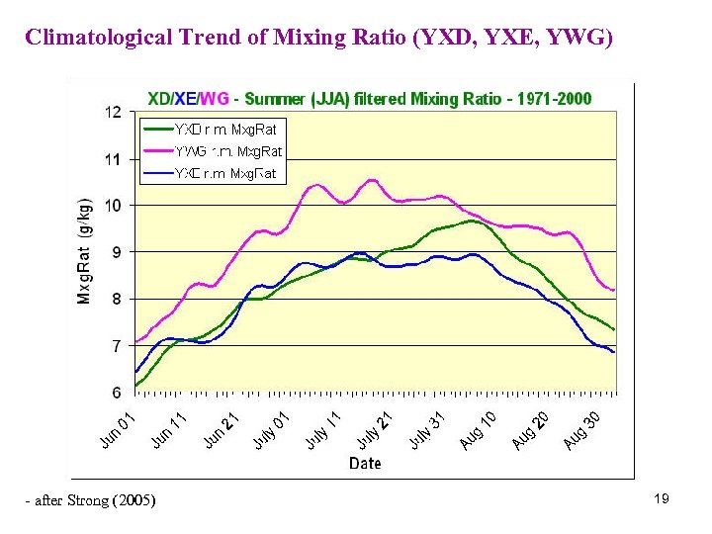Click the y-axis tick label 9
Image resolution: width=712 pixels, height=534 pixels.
tap(117, 252)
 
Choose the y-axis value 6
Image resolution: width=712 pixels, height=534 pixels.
tap(117, 393)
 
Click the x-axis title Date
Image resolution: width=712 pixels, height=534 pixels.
tap(364, 463)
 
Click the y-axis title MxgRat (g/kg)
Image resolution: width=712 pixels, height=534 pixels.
tap(85, 249)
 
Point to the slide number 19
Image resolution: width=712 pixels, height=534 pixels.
tap(662, 499)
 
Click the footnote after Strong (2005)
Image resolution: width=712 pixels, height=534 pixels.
tap(90, 500)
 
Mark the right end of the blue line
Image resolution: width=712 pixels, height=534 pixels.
tap(614, 352)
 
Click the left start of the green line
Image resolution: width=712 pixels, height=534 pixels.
tap(135, 385)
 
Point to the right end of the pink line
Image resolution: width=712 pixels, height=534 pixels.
tap(614, 290)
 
